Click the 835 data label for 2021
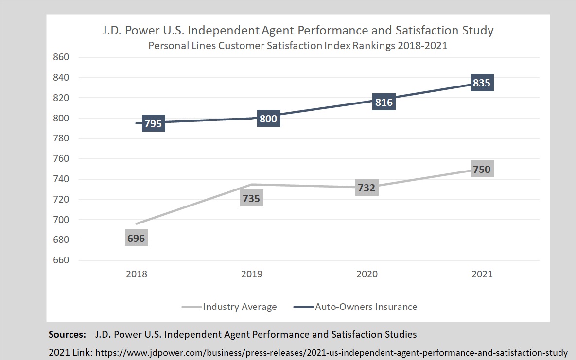point(482,83)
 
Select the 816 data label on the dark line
point(384,103)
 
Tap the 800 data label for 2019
point(268,119)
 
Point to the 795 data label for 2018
point(153,123)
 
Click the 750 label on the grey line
point(482,169)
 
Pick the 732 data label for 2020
point(367,188)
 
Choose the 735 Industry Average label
point(251,198)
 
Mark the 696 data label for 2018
point(136,238)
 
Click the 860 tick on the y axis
point(61,57)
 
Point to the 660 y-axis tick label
point(61,260)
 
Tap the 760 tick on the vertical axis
point(61,158)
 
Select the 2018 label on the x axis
point(136,274)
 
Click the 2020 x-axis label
point(367,274)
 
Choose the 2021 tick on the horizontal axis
point(482,274)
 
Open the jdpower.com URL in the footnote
point(331,352)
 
